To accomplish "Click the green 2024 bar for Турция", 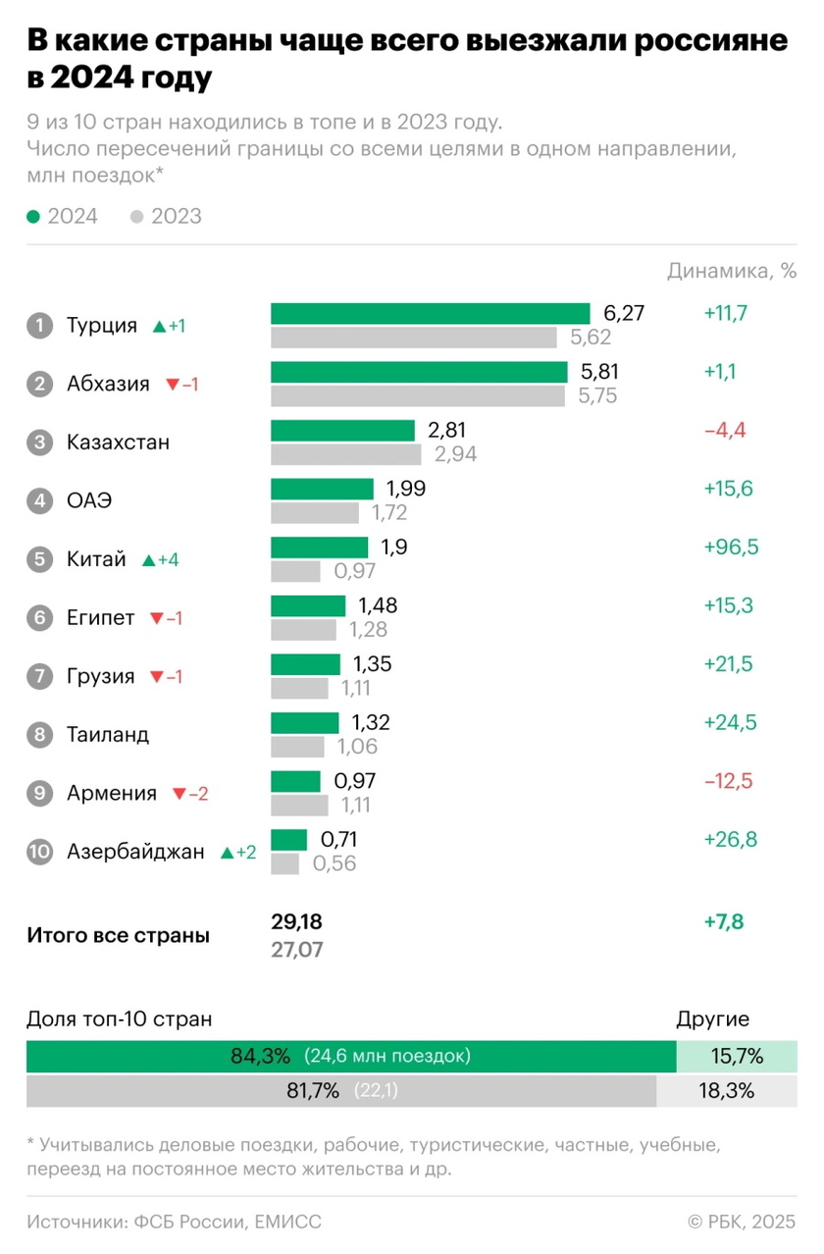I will (430, 314).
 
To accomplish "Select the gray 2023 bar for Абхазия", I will (418, 395).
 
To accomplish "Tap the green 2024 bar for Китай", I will (319, 548).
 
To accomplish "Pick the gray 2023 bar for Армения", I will (299, 806).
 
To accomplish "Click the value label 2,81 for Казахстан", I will (446, 430).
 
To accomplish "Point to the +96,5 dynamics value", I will (729, 548).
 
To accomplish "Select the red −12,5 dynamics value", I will (727, 782).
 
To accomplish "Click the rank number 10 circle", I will (39, 852).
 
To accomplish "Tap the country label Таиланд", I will (108, 734).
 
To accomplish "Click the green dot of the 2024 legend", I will (33, 217).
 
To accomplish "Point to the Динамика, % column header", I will (732, 272).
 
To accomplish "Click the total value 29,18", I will (296, 922).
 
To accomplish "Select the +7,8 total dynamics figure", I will (724, 922).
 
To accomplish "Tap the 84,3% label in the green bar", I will (261, 1057).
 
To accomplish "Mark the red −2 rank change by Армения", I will (190, 794).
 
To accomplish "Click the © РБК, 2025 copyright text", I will (742, 1222).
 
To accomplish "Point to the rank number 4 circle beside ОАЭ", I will (39, 500).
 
